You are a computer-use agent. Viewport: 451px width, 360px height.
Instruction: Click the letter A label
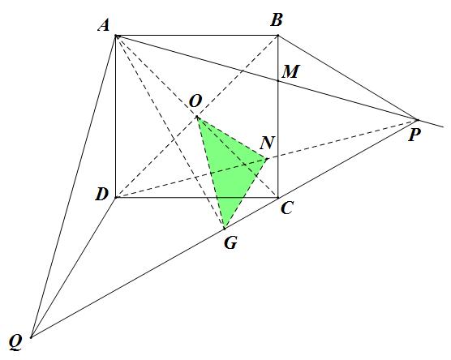pyautogui.click(x=104, y=26)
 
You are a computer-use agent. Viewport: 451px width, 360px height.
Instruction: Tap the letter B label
pyautogui.click(x=276, y=20)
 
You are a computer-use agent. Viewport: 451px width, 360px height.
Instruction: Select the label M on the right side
pyautogui.click(x=290, y=71)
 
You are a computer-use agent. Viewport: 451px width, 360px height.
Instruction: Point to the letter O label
pyautogui.click(x=195, y=101)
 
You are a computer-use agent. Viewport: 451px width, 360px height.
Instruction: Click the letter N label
pyautogui.click(x=267, y=143)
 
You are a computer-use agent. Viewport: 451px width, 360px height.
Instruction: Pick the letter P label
pyautogui.click(x=414, y=135)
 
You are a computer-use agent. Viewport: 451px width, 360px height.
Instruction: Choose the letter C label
pyautogui.click(x=287, y=208)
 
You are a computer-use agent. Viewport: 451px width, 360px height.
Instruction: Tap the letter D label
pyautogui.click(x=102, y=195)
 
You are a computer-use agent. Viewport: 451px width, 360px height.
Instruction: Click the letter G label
pyautogui.click(x=230, y=242)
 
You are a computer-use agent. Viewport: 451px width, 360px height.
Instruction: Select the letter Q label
pyautogui.click(x=15, y=342)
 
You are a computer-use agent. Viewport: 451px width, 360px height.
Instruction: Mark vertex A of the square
pyautogui.click(x=116, y=36)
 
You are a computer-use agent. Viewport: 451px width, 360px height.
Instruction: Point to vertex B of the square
pyautogui.click(x=278, y=36)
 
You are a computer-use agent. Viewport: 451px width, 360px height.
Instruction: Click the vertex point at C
pyautogui.click(x=278, y=198)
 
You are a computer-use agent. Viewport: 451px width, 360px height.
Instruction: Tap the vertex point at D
pyautogui.click(x=116, y=198)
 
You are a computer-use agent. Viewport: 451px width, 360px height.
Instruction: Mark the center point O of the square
pyautogui.click(x=197, y=117)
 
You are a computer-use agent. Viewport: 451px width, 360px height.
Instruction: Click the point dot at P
pyautogui.click(x=417, y=120)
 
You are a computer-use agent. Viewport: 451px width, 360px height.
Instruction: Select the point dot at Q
pyautogui.click(x=32, y=337)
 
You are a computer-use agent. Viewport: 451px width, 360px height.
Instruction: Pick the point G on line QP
pyautogui.click(x=225, y=229)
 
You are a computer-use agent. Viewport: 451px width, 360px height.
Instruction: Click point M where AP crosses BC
pyautogui.click(x=278, y=81)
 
